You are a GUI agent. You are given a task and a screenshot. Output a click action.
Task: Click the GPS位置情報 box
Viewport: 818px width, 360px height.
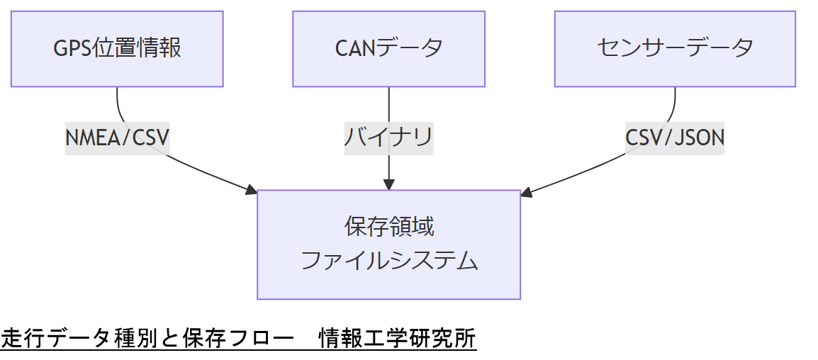tap(117, 48)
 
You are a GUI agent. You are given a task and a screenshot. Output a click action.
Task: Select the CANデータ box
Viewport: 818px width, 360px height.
tap(388, 48)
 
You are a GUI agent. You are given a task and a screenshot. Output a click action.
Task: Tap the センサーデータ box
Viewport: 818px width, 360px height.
tap(675, 48)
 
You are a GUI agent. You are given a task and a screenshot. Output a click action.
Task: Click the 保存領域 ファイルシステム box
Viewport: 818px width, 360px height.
tap(388, 244)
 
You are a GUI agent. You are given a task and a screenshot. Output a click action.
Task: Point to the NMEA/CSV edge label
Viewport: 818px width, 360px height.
tap(118, 137)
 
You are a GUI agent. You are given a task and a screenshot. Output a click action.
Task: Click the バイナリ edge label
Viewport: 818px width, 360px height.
tap(388, 137)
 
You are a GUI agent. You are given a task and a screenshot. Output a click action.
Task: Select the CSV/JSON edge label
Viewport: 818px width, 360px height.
tap(675, 137)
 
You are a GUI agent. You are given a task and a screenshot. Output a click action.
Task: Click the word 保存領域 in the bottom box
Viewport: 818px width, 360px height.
tap(388, 227)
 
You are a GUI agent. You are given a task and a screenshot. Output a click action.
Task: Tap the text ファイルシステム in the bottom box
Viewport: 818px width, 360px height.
tap(388, 261)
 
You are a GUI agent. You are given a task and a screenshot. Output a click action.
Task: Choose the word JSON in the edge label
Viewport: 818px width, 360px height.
tap(699, 137)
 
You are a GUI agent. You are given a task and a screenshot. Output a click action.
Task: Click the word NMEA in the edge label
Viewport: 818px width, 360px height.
tap(88, 137)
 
